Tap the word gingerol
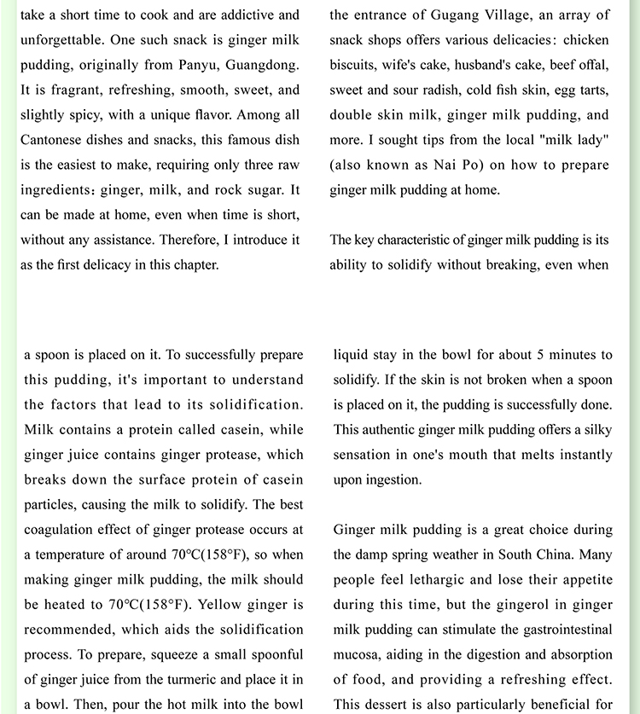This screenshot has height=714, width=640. point(527,605)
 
